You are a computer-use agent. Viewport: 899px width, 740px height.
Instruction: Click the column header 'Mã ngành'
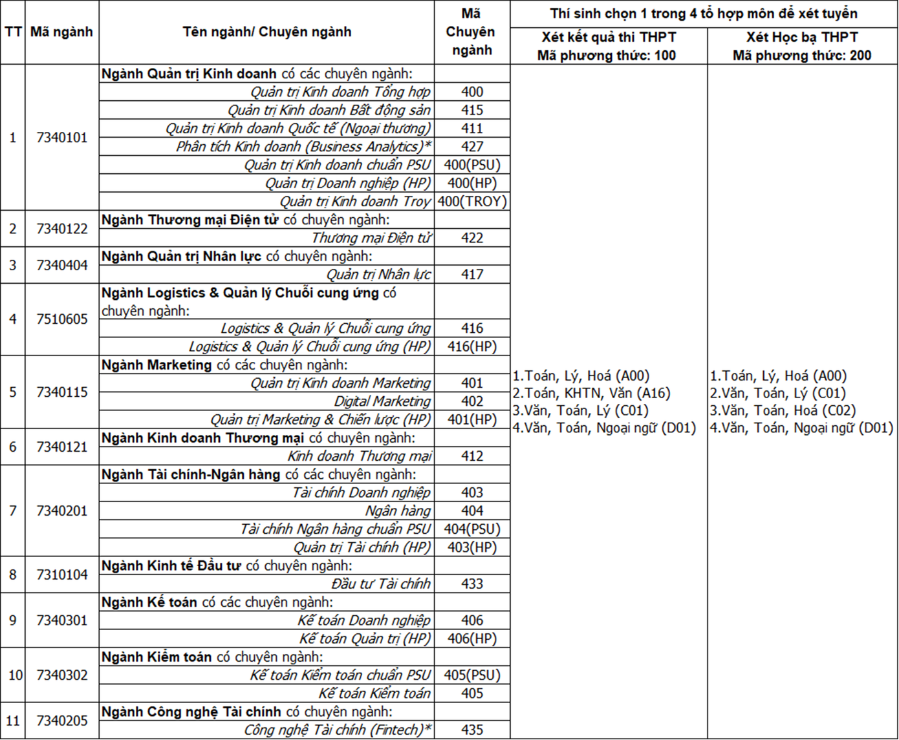[61, 32]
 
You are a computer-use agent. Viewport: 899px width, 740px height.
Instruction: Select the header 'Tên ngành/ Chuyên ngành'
[266, 32]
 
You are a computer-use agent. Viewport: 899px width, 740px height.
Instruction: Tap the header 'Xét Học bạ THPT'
[802, 37]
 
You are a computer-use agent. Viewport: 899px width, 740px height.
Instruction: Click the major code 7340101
[61, 137]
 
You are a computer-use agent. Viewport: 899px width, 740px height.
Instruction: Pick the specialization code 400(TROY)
[472, 201]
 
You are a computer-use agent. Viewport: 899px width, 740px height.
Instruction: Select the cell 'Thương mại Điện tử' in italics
[371, 238]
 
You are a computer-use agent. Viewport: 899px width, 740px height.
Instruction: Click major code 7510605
[61, 319]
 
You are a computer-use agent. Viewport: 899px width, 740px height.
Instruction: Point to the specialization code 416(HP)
[472, 346]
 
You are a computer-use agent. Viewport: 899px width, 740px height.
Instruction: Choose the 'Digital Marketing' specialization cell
[382, 401]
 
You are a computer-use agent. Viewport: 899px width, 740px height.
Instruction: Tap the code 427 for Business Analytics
[472, 147]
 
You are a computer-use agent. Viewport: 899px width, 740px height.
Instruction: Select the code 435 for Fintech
[472, 730]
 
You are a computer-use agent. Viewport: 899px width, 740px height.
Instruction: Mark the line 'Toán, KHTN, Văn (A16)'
[591, 393]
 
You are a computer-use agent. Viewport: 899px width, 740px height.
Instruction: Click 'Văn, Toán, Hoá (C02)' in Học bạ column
[783, 410]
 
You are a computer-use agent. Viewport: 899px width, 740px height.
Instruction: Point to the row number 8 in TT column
[12, 575]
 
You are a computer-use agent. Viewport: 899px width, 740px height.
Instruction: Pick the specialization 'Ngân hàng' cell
[398, 511]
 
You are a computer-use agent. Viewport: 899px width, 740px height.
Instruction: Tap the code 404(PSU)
[472, 529]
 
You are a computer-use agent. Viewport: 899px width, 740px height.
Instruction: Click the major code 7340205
[61, 720]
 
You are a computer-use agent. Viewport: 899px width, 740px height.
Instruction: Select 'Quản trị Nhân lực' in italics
[378, 274]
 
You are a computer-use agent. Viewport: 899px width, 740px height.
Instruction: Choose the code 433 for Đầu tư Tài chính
[472, 584]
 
